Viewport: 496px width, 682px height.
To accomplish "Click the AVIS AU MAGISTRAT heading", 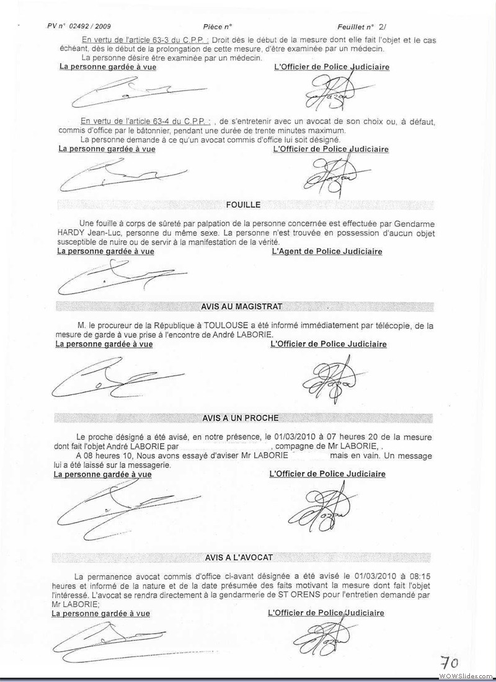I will [x=242, y=306].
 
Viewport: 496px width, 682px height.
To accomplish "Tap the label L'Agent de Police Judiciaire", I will [x=327, y=252].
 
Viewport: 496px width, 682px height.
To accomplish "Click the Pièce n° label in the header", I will [x=217, y=27].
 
